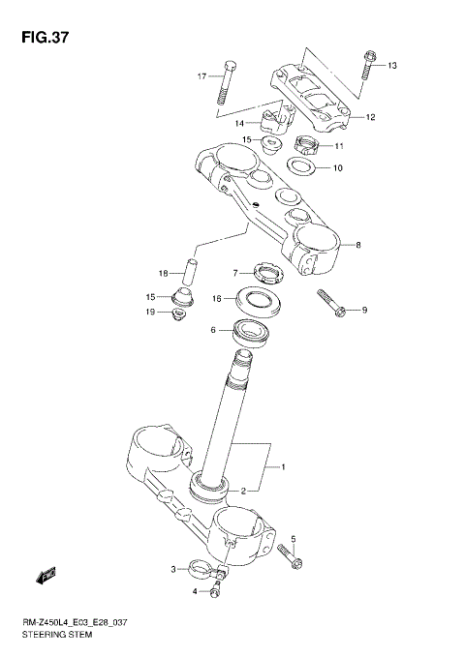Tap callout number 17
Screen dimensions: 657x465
pos(202,76)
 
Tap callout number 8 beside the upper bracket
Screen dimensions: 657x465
pos(357,245)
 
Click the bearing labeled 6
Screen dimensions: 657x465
pos(251,333)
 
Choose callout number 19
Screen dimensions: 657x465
pos(150,312)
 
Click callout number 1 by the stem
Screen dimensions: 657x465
pos(283,468)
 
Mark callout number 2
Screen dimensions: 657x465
pos(243,490)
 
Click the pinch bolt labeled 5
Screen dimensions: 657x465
pos(289,556)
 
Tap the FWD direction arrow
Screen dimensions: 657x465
pos(45,577)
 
